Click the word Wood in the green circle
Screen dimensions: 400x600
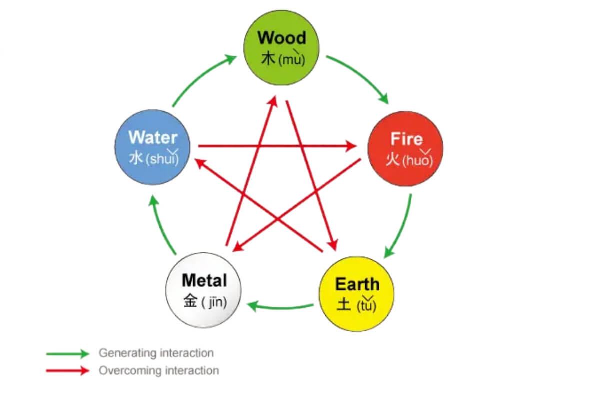tap(282, 38)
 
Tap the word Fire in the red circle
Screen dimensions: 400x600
tap(406, 139)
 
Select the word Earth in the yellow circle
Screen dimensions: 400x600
tap(357, 284)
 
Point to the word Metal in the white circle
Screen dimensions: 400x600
tap(204, 280)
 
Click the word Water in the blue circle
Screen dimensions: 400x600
tap(152, 138)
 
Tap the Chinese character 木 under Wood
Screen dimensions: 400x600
tap(268, 59)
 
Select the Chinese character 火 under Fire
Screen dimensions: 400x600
tap(393, 160)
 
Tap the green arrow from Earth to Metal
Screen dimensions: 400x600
tap(280, 306)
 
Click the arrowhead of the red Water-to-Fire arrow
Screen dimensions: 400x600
tap(352, 146)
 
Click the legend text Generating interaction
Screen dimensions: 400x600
tap(156, 353)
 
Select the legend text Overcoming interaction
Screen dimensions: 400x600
tap(158, 371)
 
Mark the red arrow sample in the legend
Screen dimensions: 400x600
tap(68, 371)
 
